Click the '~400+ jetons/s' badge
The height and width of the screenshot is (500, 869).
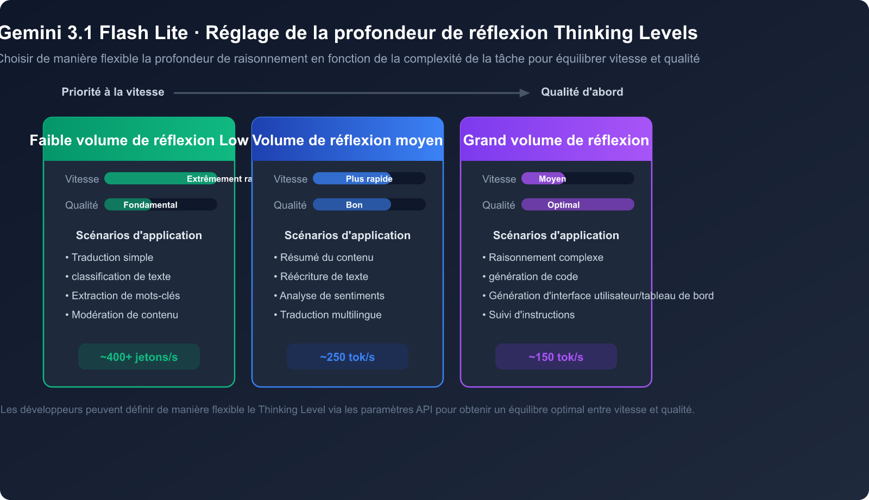[139, 357]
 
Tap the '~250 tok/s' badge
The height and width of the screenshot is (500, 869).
[348, 357]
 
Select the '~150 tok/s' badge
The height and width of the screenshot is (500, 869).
[556, 357]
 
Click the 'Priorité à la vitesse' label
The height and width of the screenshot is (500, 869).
[113, 92]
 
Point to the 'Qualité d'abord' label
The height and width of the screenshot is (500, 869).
[582, 92]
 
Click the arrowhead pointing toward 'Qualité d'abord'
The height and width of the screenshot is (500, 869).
[524, 93]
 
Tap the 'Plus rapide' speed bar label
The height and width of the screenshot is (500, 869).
[369, 179]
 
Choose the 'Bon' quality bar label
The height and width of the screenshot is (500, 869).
[354, 205]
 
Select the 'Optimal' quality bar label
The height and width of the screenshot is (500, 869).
[563, 205]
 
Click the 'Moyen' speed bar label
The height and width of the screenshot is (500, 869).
[552, 179]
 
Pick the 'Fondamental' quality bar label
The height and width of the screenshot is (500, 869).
[150, 205]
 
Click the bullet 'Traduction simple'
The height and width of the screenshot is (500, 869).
[112, 258]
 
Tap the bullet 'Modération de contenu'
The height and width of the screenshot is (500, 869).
[125, 315]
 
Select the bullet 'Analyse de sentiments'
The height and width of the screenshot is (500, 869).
[332, 296]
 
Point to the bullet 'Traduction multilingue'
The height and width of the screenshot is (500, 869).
[331, 315]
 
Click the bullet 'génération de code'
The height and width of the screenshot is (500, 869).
[533, 277]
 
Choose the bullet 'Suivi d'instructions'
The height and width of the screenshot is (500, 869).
[532, 315]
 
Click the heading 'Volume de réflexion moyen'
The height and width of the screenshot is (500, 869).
[348, 140]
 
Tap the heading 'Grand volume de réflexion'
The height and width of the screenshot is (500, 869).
[556, 140]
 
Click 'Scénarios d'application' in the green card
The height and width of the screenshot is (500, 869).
[139, 235]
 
